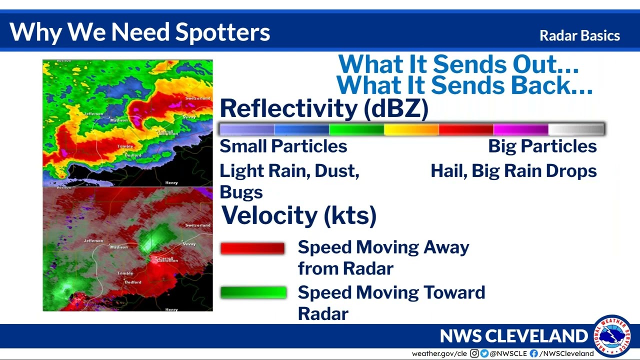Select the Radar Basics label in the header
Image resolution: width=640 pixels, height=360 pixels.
point(579,36)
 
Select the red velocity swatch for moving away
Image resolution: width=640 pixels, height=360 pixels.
point(252,248)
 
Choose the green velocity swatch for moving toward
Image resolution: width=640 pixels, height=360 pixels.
point(253,292)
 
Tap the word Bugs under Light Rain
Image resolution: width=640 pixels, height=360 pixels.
point(241,192)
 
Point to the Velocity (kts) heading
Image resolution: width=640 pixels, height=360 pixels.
point(298,215)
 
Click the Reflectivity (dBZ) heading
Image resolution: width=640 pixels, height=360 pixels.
point(323,108)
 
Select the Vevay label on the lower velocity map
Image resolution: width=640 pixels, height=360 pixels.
point(189,244)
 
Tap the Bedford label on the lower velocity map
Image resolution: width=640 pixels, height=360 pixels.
point(133,282)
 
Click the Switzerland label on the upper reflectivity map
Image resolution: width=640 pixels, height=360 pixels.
point(197,98)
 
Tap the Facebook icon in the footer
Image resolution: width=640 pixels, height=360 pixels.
point(534,353)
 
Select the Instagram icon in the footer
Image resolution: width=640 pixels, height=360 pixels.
point(474,353)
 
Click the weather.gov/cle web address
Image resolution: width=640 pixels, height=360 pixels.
point(439,353)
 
